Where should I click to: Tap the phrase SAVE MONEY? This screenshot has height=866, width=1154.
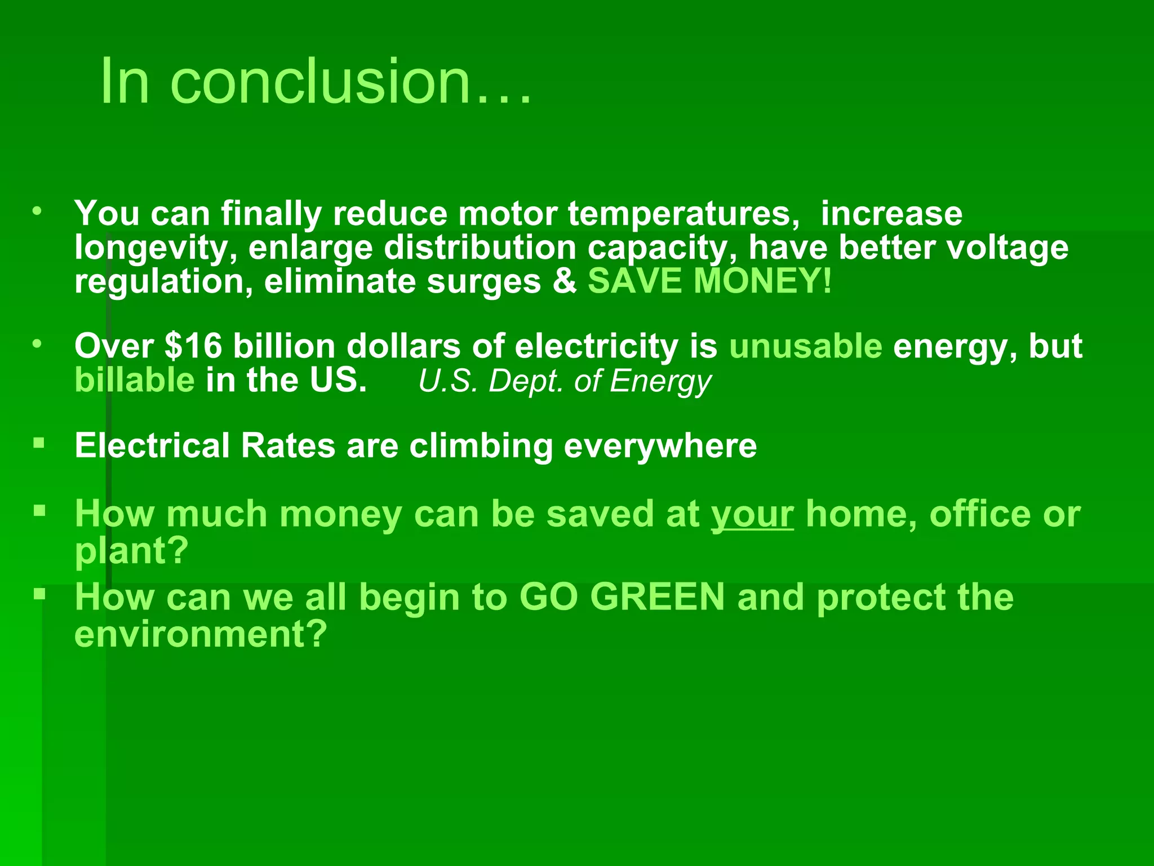coord(709,281)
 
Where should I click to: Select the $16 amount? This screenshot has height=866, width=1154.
coord(193,346)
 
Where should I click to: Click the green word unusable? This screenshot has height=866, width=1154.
coord(805,346)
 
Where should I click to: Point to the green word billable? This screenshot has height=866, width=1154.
coord(135,380)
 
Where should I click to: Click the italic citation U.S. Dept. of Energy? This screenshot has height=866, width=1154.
coord(565,381)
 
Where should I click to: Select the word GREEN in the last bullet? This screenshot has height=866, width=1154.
coord(657,597)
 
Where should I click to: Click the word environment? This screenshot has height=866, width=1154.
coord(201,634)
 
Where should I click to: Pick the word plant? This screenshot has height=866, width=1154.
coord(131,551)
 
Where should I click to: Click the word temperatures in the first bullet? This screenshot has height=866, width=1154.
coord(683,214)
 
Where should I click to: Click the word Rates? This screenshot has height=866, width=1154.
coord(288,446)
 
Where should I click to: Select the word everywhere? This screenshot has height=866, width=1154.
coord(660,446)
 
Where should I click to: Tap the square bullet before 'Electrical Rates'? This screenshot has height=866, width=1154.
coord(39,443)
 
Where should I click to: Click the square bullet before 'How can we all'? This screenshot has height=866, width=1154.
coord(39,594)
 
